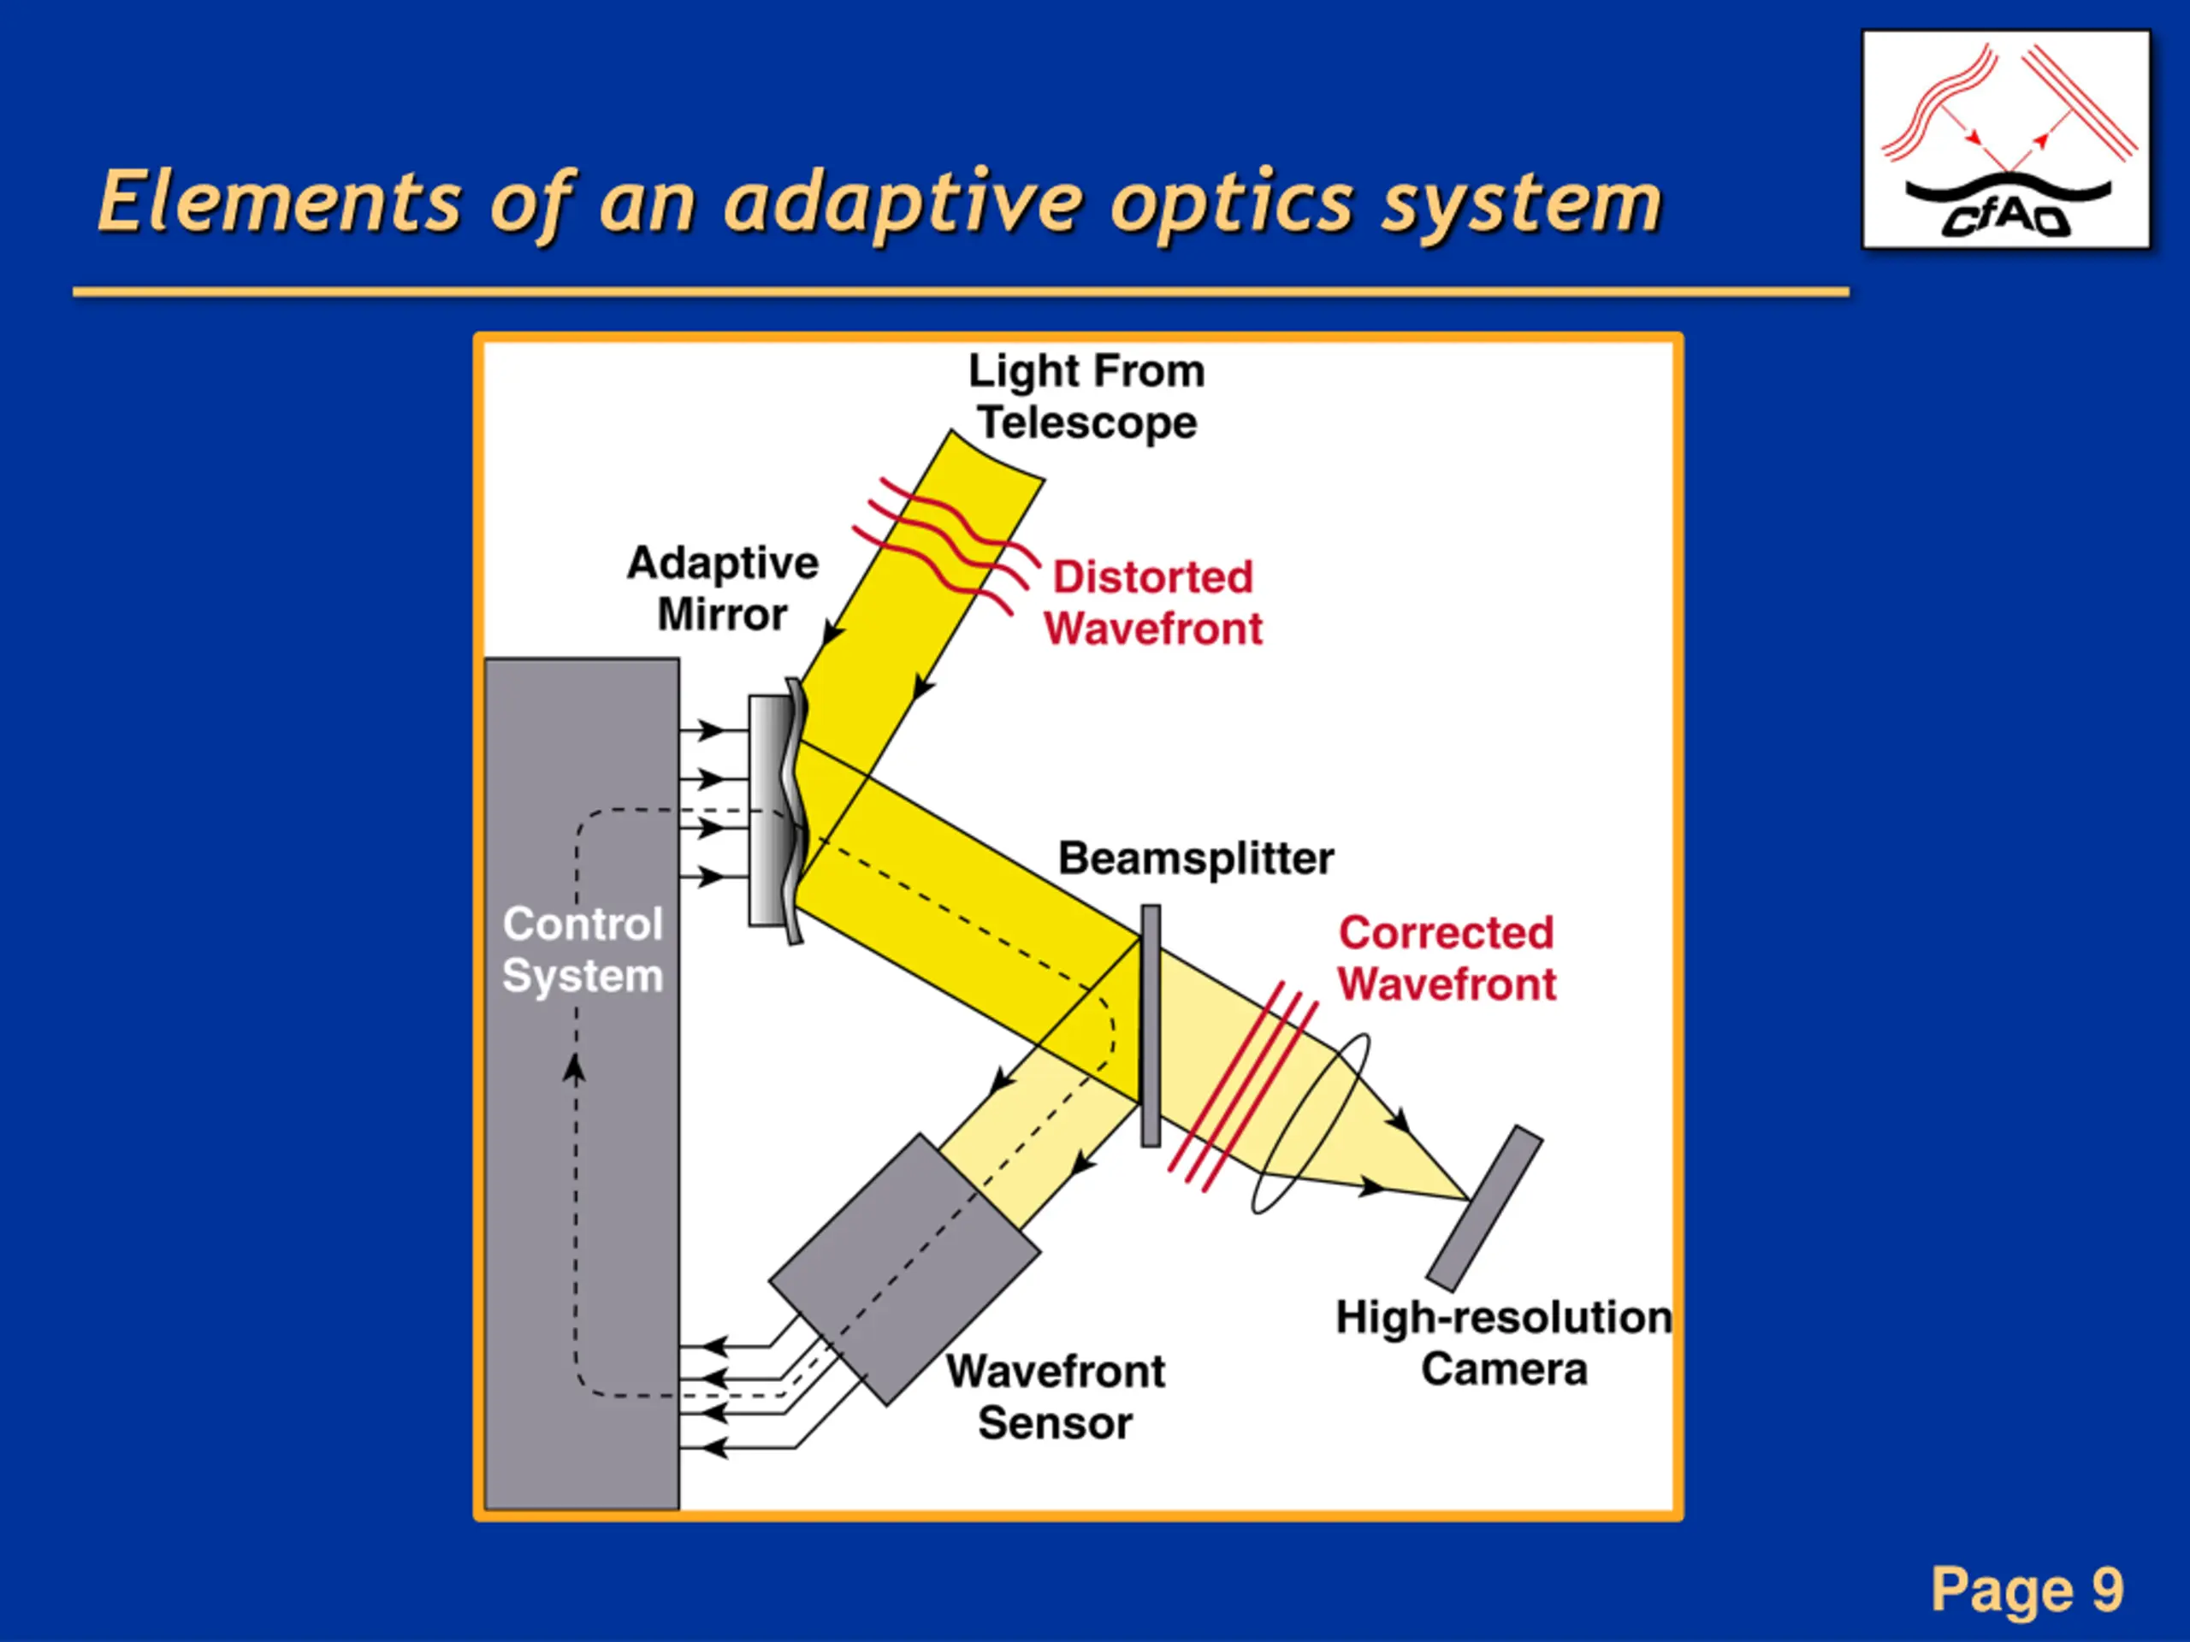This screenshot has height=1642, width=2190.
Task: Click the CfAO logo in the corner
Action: [2006, 139]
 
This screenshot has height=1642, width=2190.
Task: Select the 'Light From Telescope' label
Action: [1087, 396]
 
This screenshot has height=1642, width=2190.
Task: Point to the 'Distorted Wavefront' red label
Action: [1153, 602]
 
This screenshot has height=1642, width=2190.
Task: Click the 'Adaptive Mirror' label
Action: [723, 588]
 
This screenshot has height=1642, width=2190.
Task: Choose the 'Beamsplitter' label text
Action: [1196, 858]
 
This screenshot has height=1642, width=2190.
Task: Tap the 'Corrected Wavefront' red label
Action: [1447, 957]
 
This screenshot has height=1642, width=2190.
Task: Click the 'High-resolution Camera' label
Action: [1504, 1343]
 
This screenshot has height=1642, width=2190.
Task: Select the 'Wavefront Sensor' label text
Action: [1056, 1397]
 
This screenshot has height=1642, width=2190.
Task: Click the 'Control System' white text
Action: [583, 949]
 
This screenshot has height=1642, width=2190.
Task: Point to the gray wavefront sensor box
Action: [904, 1269]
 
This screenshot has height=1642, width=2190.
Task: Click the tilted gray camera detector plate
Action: [1484, 1208]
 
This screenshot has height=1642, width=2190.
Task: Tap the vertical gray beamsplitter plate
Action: [1151, 1025]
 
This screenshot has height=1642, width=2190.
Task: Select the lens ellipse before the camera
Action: [1311, 1124]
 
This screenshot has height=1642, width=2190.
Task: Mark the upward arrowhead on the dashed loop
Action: [574, 1068]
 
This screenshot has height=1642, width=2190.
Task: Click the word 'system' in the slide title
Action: [1522, 203]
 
